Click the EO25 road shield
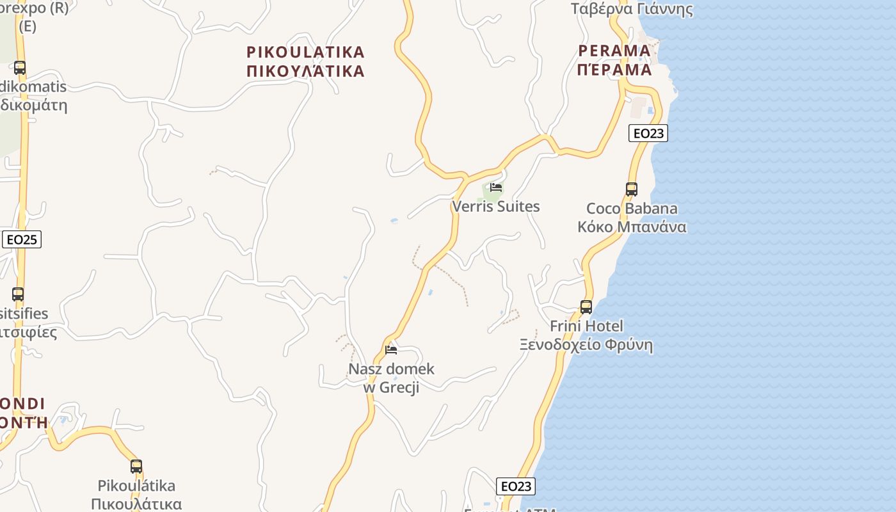point(22,240)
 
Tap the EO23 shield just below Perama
point(648,133)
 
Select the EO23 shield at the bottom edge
point(516,486)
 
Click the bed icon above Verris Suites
point(496,188)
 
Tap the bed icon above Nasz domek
point(391,349)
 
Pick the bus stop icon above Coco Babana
point(632,189)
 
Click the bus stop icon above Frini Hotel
point(586,307)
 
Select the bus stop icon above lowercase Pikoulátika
point(136,467)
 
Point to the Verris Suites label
point(496,207)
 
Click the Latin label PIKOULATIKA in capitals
point(306,52)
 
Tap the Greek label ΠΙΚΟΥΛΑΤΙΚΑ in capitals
point(306,70)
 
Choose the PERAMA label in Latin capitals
point(614,51)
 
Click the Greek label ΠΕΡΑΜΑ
point(614,69)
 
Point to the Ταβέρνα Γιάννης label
point(632,9)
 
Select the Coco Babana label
point(632,209)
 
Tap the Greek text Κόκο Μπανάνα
point(632,227)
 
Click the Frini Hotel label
point(586,326)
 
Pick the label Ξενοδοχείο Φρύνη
point(586,345)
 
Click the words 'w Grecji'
point(391,387)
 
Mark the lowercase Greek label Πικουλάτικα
point(136,504)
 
